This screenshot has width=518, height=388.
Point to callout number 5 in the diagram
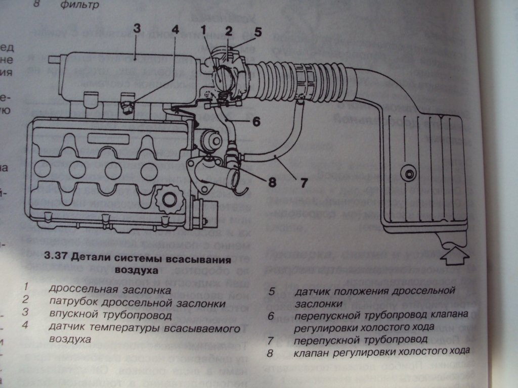point(257,33)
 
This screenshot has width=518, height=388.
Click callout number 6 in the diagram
point(256,121)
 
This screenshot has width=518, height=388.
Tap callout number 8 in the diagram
point(272,182)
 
